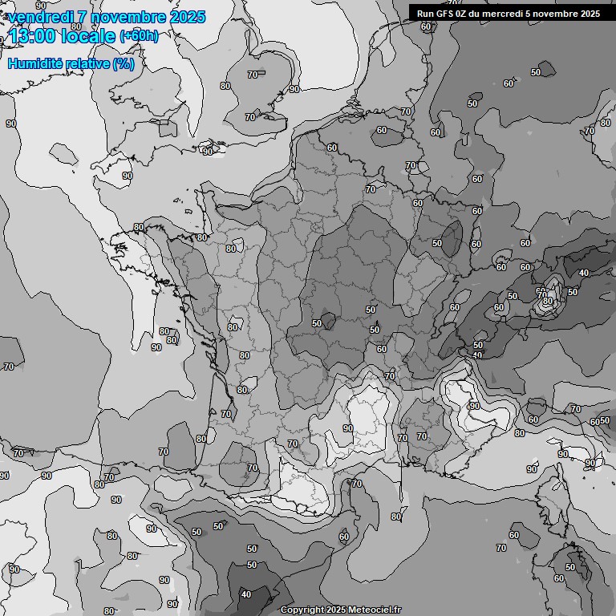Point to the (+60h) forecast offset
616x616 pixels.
coord(139,36)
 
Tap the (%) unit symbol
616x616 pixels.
coord(124,63)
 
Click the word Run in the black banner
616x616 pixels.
coord(427,13)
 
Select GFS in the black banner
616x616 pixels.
coord(448,13)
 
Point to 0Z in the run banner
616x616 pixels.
coord(467,13)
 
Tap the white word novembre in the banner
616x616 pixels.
coord(558,13)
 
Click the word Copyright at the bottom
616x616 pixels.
coord(302,610)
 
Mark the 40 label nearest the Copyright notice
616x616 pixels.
coord(245,594)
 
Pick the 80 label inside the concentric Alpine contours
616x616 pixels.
coord(547,301)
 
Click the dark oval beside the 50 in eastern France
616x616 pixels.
coord(452,239)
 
